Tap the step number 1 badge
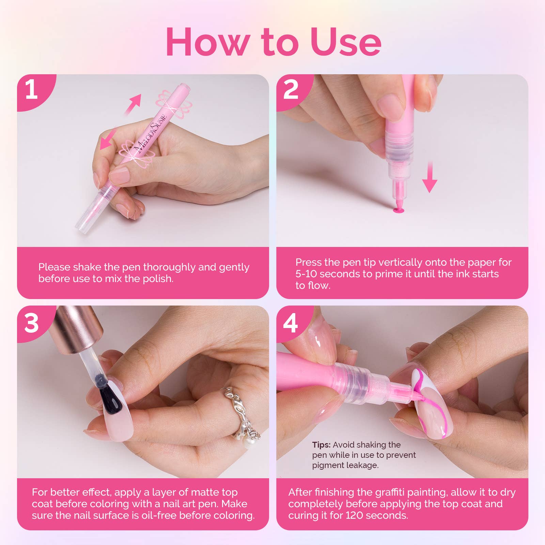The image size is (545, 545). click(x=32, y=90)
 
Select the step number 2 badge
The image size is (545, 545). click(x=291, y=90)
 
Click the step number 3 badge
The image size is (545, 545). click(x=32, y=323)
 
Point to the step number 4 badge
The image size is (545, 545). click(x=291, y=323)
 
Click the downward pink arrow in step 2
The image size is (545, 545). click(x=430, y=177)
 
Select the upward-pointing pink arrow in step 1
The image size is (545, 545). click(x=134, y=104)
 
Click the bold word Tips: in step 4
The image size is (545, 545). click(x=321, y=445)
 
